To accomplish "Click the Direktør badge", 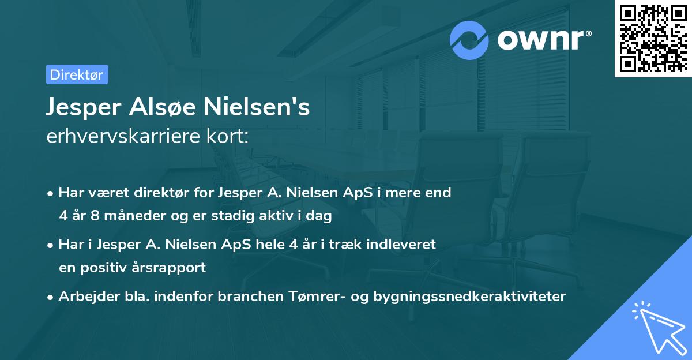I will (x=77, y=74).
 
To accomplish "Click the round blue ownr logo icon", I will (x=470, y=40).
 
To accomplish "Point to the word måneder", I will (x=130, y=216).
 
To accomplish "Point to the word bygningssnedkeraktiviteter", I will (x=470, y=297).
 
